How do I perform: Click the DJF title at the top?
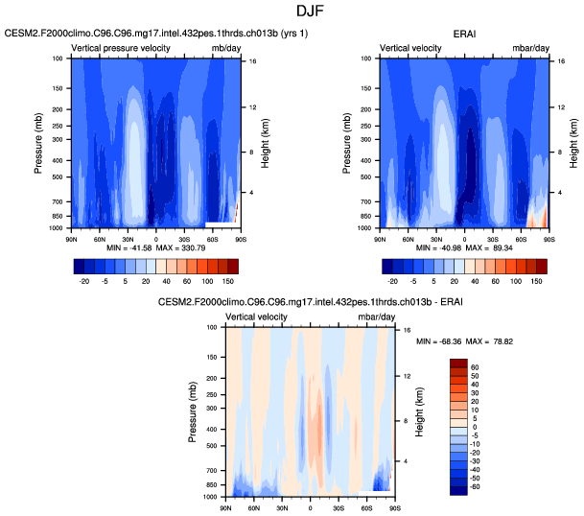[292, 11]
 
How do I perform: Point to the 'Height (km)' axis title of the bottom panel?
[419, 410]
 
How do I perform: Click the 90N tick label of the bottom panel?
[226, 507]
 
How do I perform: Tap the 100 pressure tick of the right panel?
[370, 59]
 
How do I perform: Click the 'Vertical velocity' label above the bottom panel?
[257, 317]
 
